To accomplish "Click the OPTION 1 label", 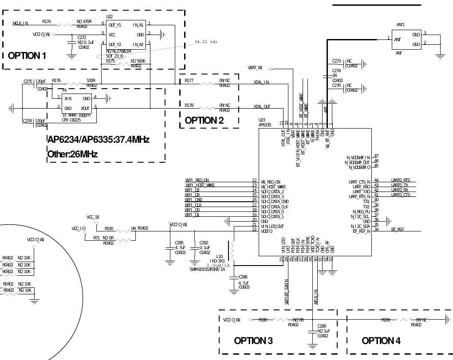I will [27, 56].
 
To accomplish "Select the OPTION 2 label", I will [204, 120].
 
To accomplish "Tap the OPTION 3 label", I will [253, 340].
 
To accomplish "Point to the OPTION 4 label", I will [381, 340].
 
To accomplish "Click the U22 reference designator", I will [110, 17].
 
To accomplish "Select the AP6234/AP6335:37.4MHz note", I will [98, 140].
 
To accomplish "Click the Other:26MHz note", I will [72, 154].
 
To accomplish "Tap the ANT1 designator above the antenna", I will [401, 25].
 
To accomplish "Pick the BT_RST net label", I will [398, 230].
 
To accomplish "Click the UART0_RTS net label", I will [401, 180].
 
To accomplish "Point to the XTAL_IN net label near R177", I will [261, 82].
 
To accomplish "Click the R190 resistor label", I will [109, 229].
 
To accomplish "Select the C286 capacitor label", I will [243, 277].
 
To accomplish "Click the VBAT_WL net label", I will [255, 68].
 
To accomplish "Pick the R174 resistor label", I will [47, 21].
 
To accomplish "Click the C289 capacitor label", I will [322, 326].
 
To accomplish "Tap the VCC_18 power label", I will [93, 217].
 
